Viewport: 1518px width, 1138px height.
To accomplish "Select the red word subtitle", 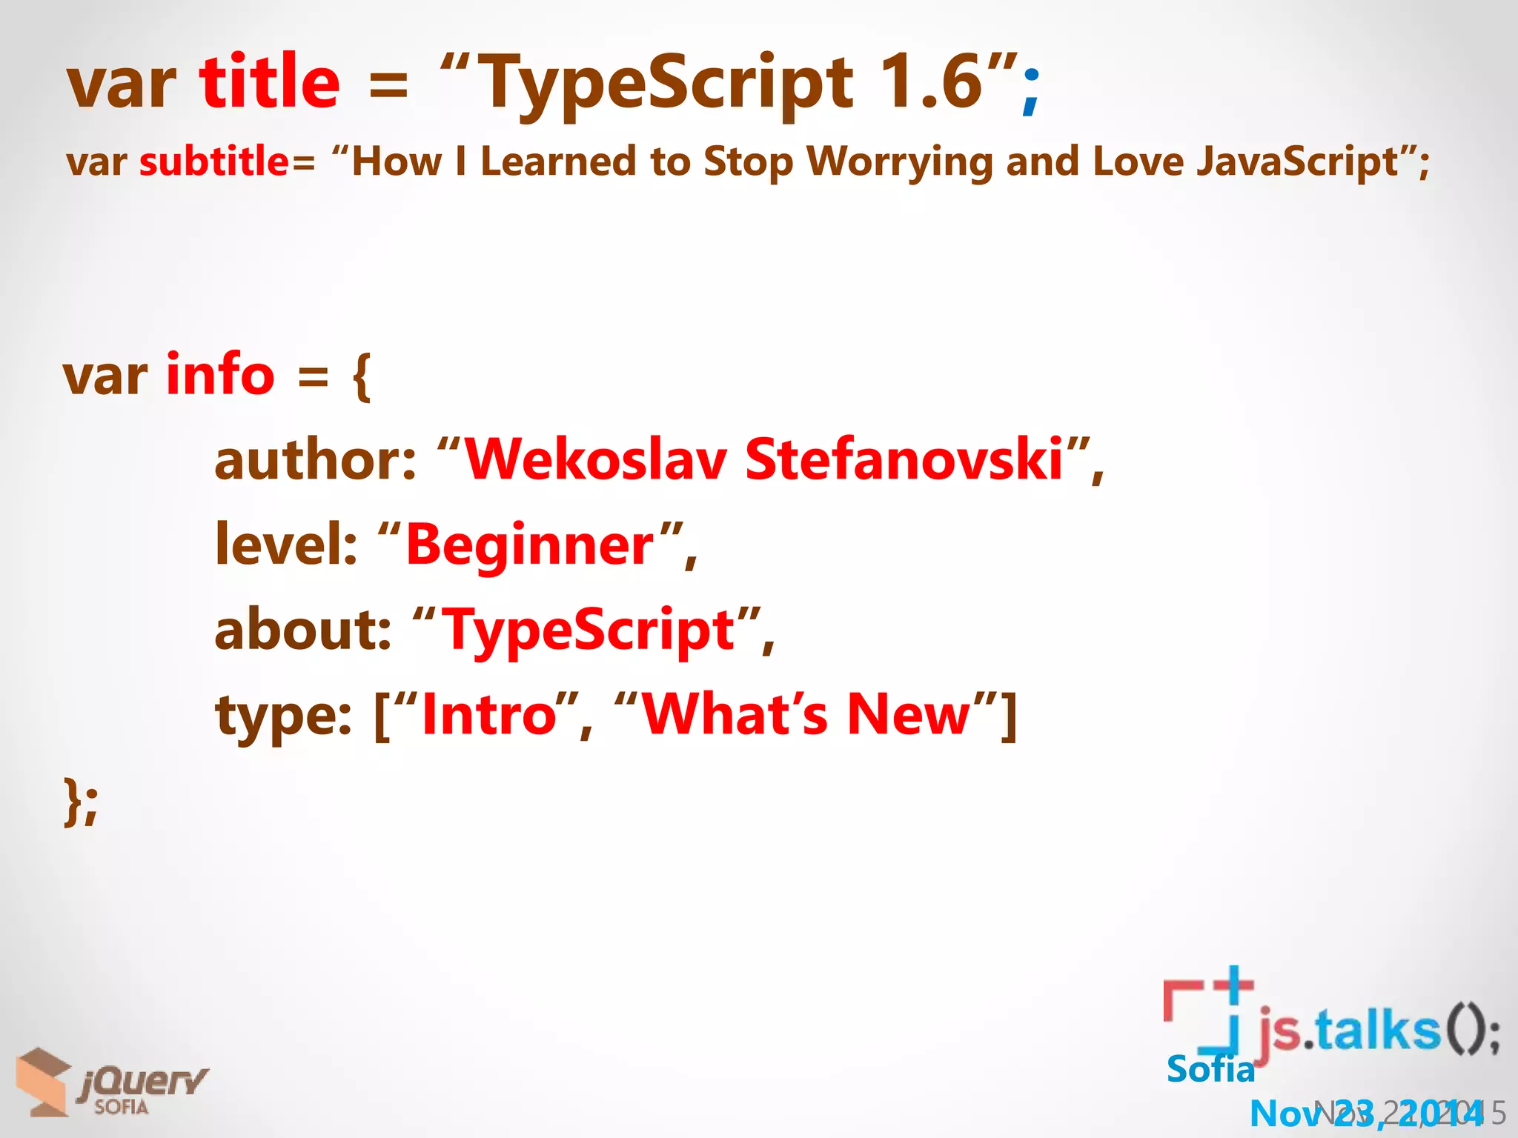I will click(x=214, y=162).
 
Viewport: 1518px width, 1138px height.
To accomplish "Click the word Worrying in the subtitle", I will click(x=900, y=162).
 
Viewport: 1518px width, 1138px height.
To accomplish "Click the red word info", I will click(x=221, y=374).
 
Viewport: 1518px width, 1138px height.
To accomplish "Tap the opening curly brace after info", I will click(x=362, y=376).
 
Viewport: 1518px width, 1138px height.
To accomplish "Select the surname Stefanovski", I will click(x=904, y=459).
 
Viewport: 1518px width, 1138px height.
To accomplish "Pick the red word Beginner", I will click(x=530, y=545).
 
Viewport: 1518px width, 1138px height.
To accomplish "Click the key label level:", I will click(x=286, y=545).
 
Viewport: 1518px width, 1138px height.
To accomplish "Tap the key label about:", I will click(x=302, y=630).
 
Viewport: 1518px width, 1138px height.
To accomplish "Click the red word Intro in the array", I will click(x=488, y=715).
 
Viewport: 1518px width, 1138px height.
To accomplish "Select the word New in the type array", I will click(x=909, y=715).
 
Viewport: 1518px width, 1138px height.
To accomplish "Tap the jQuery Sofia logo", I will click(x=111, y=1083).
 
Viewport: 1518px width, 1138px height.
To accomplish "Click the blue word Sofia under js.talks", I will click(x=1210, y=1069).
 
